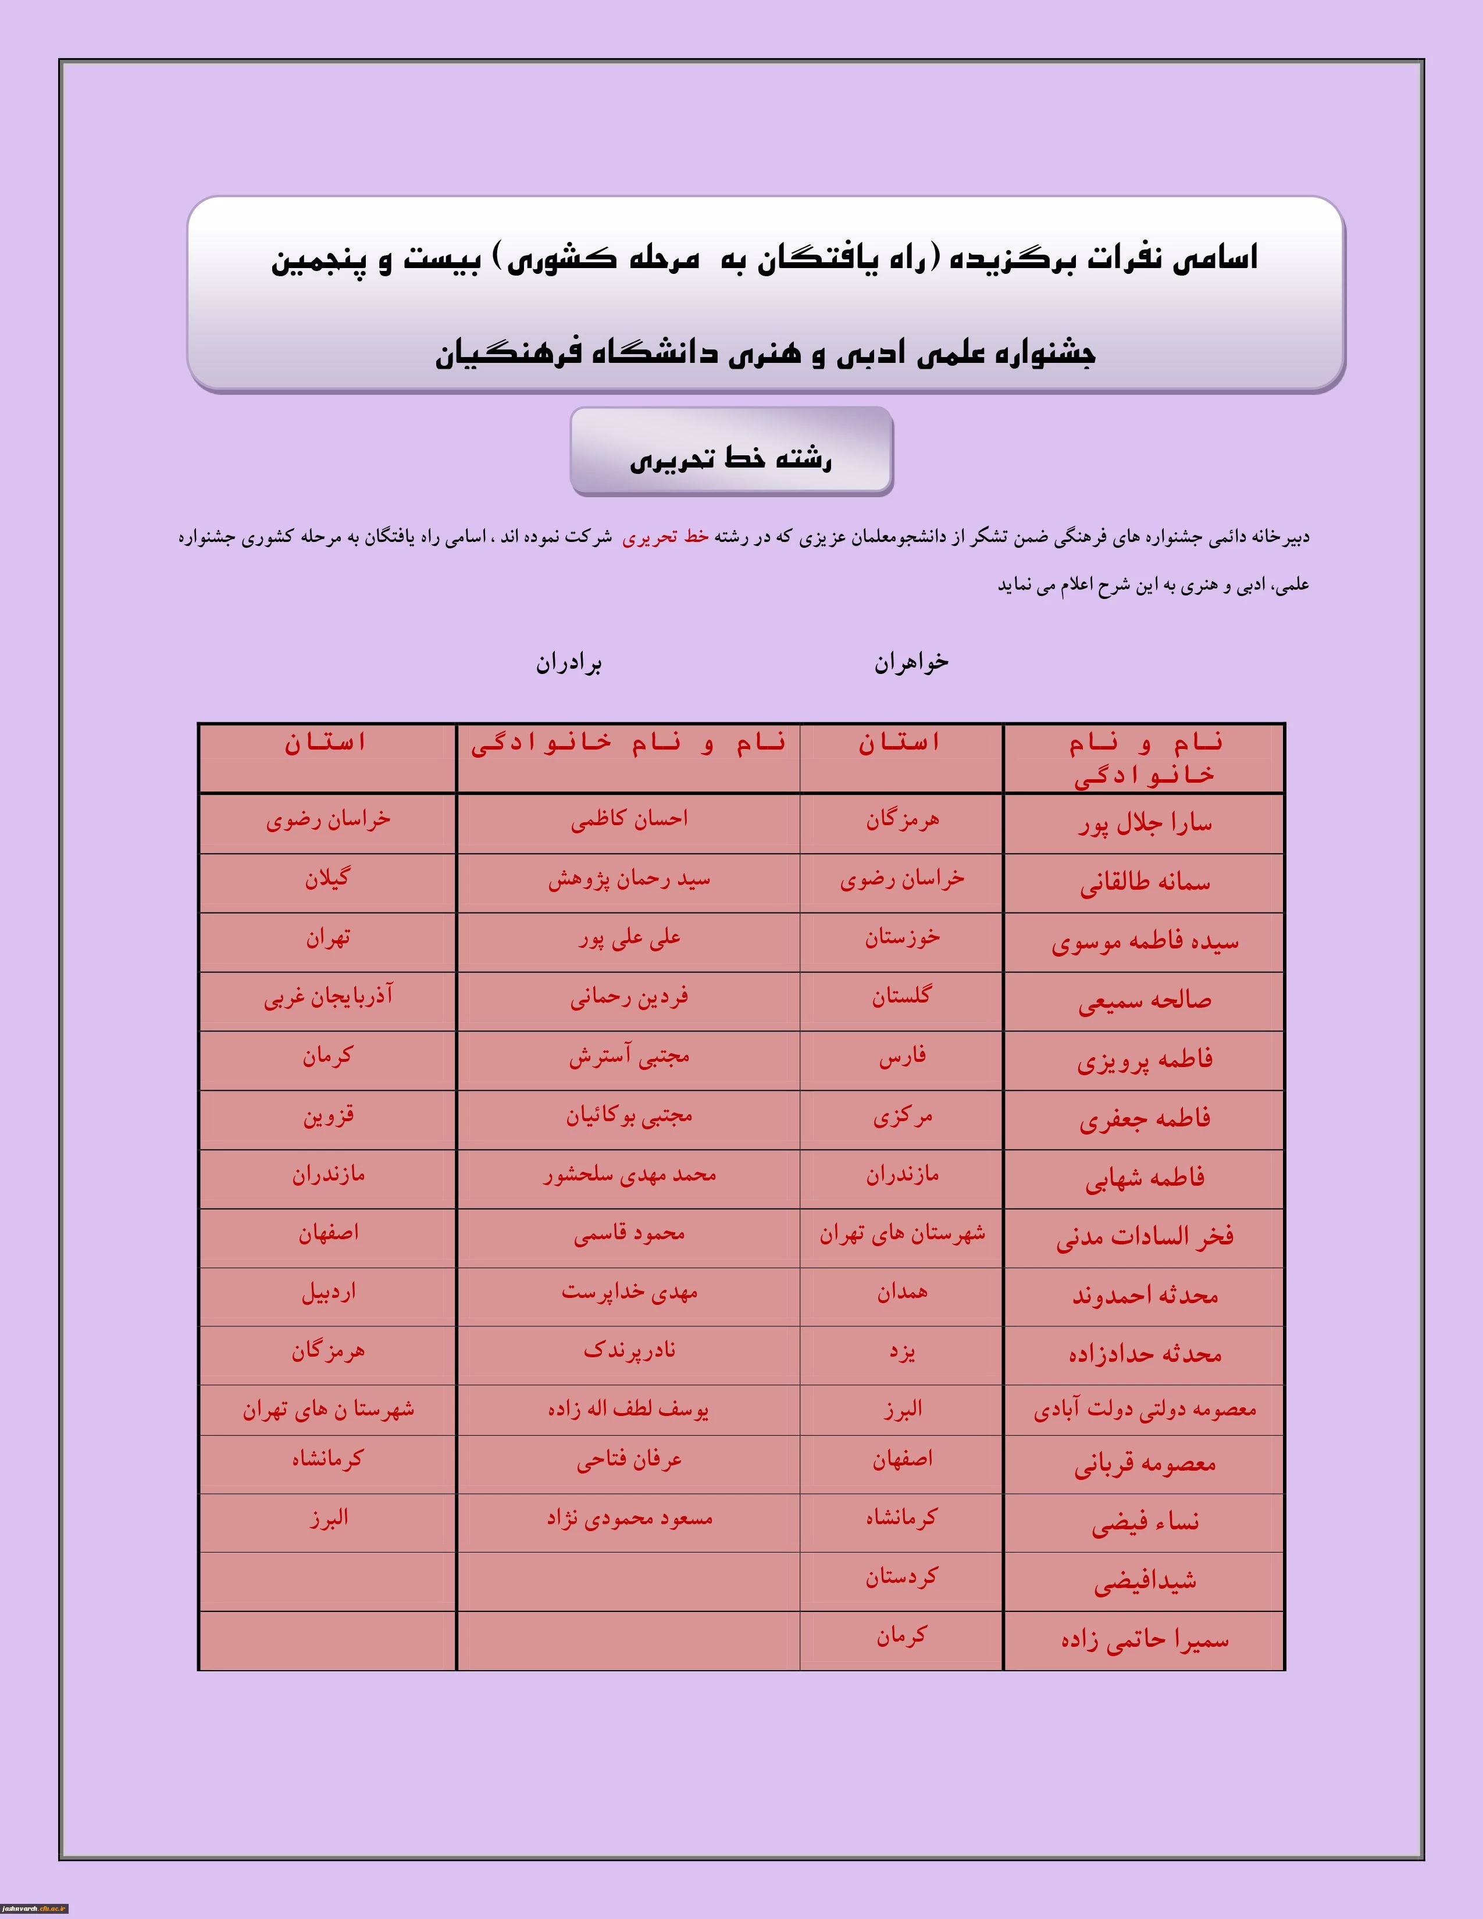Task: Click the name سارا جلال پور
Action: tap(1145, 823)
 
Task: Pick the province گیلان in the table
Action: tap(327, 879)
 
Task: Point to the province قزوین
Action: tap(327, 1116)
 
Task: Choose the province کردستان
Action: tap(901, 1576)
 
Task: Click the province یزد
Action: tap(902, 1351)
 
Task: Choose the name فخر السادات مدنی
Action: tap(1145, 1236)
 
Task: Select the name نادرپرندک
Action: tap(629, 1350)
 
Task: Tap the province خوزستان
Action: tap(902, 937)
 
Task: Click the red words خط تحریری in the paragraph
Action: tap(665, 537)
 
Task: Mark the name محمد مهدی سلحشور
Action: tap(629, 1175)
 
